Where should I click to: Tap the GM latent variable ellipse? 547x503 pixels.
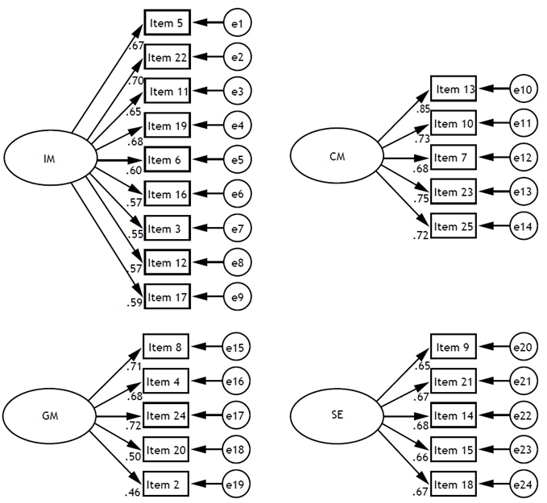tap(48, 417)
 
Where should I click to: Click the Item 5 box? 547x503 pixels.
tap(167, 23)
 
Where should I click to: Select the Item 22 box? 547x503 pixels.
tap(167, 57)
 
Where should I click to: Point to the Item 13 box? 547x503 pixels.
tap(454, 89)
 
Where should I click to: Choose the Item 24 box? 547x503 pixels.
tap(166, 416)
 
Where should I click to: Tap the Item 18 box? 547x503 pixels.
tap(453, 484)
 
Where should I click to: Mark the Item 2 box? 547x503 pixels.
tap(166, 484)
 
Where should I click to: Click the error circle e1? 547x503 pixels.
tap(237, 23)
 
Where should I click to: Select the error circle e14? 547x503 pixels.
tap(522, 226)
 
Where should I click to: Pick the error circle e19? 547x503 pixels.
tap(237, 484)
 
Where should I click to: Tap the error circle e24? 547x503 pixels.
tap(522, 484)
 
